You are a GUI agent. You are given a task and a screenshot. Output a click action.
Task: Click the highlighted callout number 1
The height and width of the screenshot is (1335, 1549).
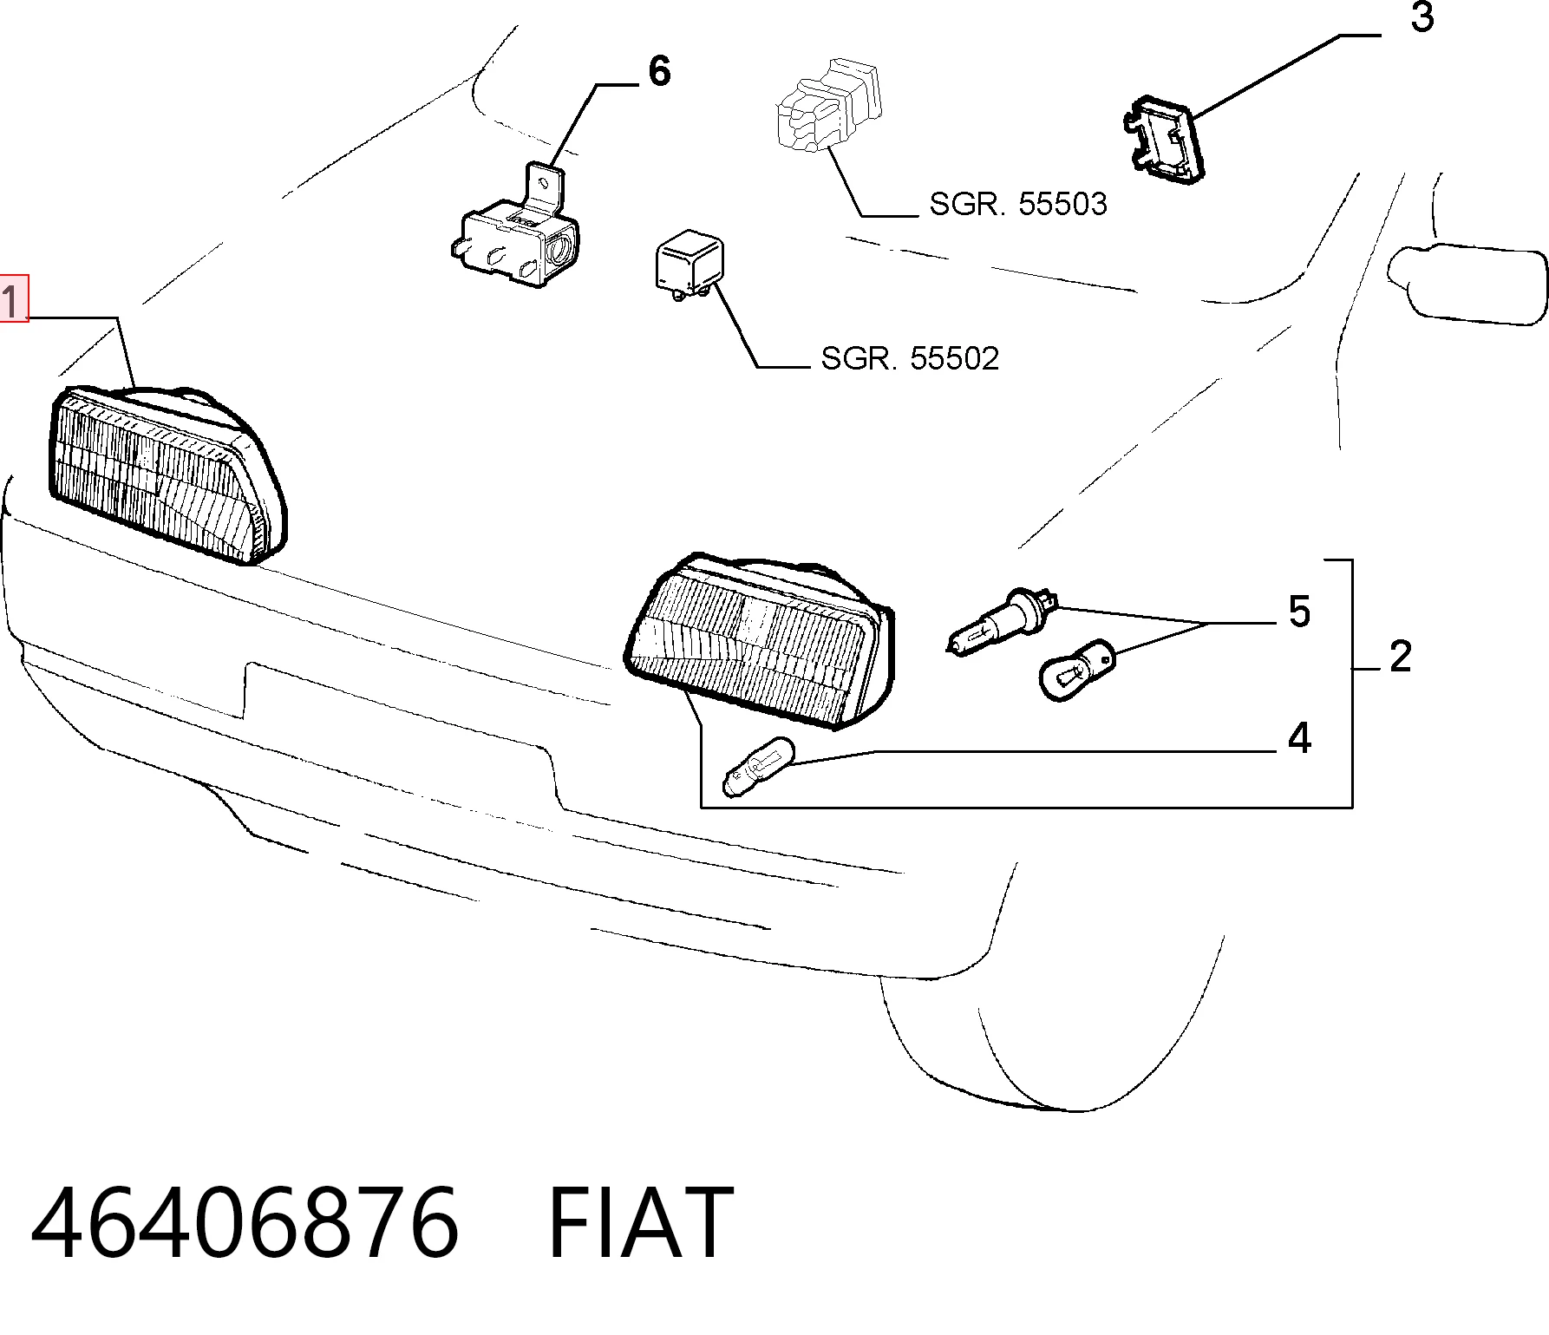[x=14, y=298]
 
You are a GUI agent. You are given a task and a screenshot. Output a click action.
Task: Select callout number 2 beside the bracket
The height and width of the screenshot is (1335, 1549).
[x=1400, y=657]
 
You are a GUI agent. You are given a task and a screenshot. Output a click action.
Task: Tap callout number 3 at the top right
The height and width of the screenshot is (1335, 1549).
[x=1422, y=17]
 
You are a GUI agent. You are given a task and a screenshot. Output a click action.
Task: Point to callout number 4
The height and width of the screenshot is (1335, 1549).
[x=1298, y=737]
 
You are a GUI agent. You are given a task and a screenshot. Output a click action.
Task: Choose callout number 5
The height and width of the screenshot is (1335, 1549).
[x=1298, y=612]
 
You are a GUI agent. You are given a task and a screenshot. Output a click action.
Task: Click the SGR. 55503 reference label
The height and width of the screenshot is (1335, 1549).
[x=1018, y=204]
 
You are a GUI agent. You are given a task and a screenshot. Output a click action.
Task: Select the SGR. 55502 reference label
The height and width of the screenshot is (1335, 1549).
[x=910, y=357]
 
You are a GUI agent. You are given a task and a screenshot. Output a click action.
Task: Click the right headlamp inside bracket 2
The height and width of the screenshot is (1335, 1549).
[x=758, y=638]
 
